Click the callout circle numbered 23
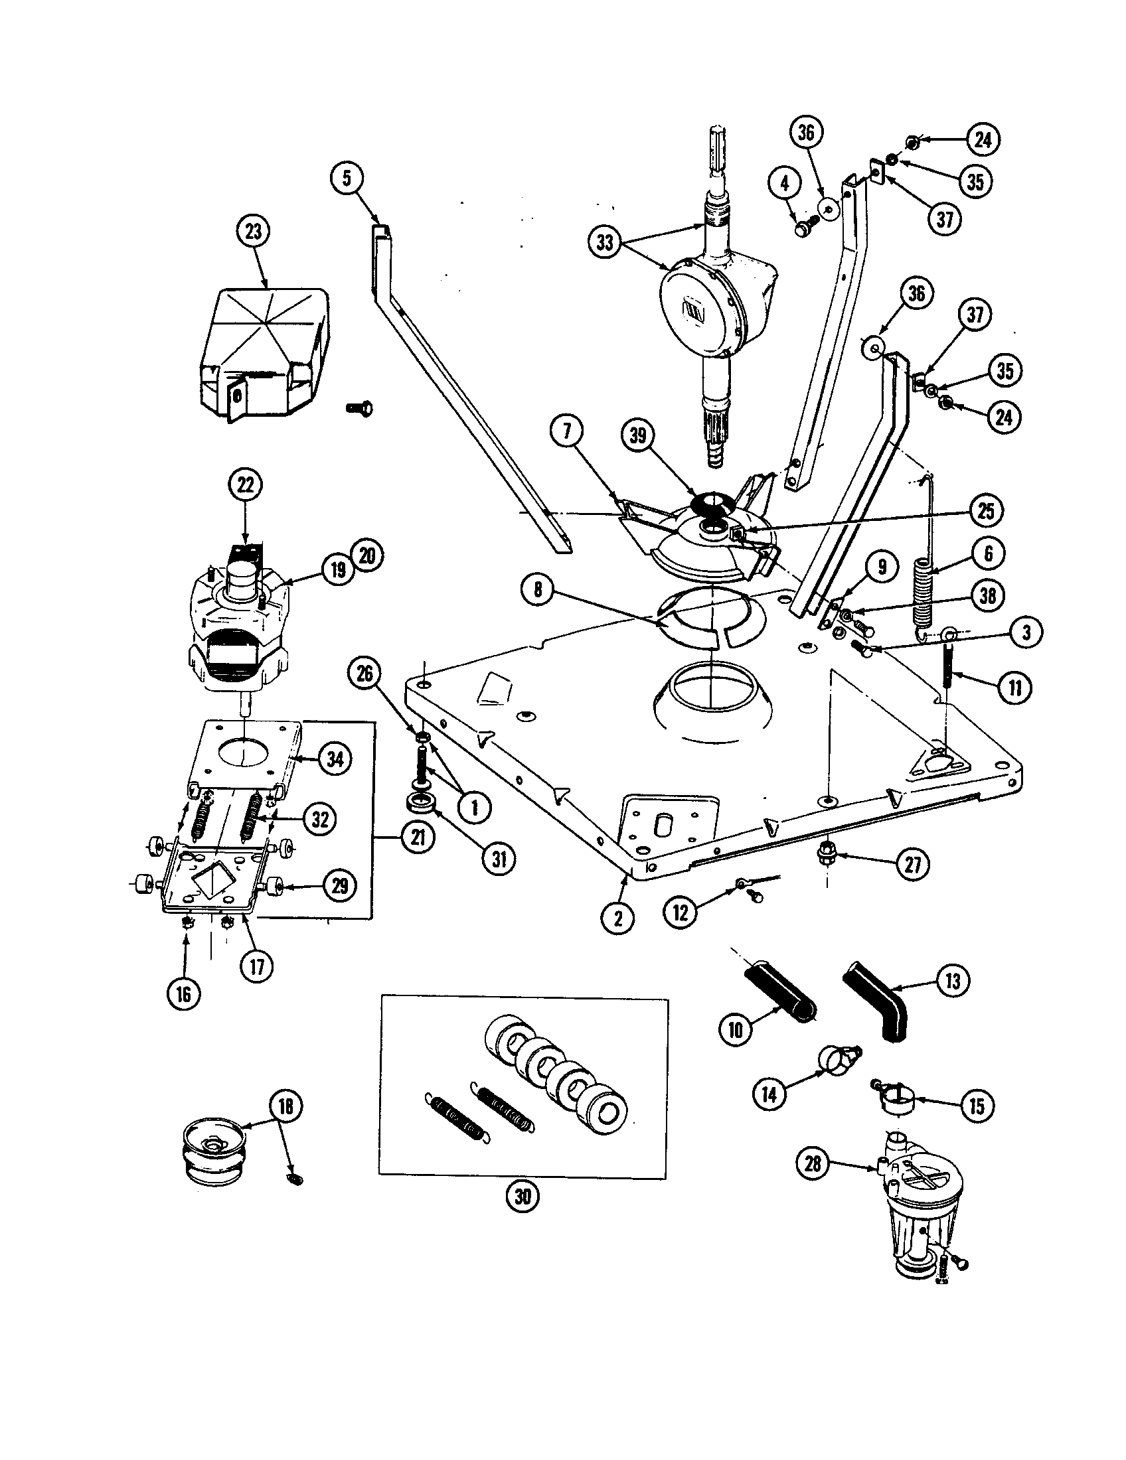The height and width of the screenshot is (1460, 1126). [254, 232]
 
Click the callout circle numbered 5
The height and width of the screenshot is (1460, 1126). [347, 179]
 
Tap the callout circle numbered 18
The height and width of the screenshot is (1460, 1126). [285, 1107]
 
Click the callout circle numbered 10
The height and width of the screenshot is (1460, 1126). [735, 1029]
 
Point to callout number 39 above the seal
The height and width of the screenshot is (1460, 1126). [638, 435]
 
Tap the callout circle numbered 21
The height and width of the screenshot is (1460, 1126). [418, 838]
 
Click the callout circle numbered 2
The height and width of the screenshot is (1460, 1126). [618, 918]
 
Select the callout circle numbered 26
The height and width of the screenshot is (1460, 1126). [364, 673]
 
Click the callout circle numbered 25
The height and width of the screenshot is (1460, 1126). [987, 512]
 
